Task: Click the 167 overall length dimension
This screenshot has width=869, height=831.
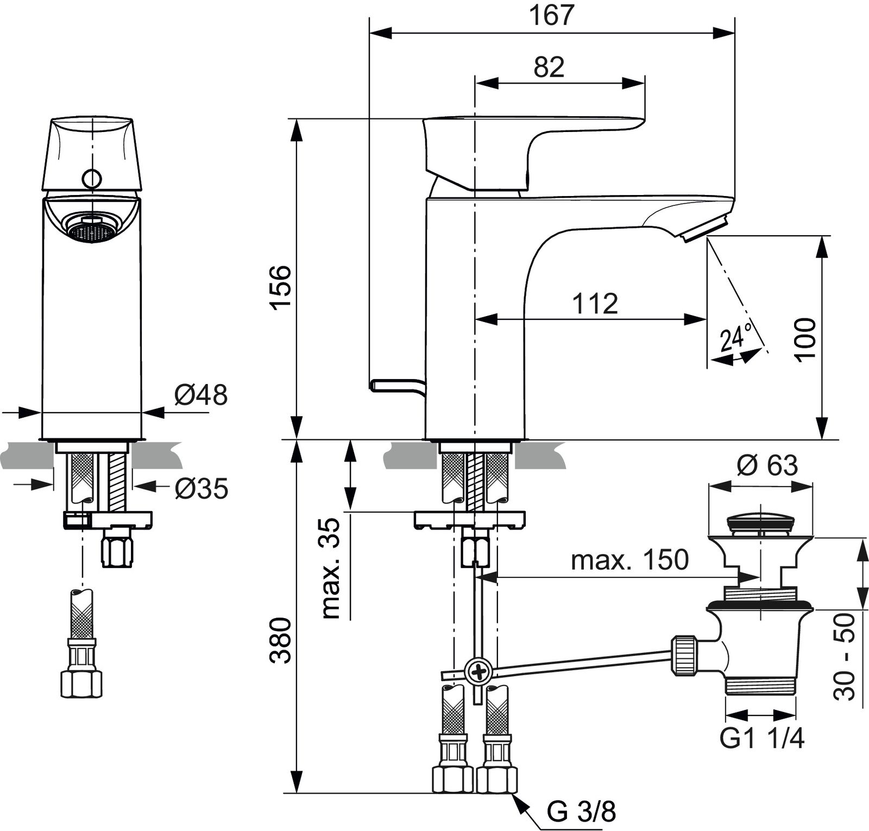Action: (551, 15)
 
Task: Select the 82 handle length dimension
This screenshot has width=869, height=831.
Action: (549, 67)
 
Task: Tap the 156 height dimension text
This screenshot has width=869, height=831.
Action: (281, 286)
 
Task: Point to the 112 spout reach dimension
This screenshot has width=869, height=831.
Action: (595, 304)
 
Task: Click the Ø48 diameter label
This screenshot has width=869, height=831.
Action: (200, 395)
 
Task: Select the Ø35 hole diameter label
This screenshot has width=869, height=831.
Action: (201, 489)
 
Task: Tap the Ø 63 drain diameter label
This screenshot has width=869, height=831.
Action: (767, 465)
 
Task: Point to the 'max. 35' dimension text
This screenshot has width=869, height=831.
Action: (331, 568)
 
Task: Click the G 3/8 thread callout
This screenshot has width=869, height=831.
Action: (581, 813)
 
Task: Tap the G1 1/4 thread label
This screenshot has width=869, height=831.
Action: (761, 738)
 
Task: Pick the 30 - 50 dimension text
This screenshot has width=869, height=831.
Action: (845, 656)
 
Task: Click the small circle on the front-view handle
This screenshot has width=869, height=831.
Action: (92, 178)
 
